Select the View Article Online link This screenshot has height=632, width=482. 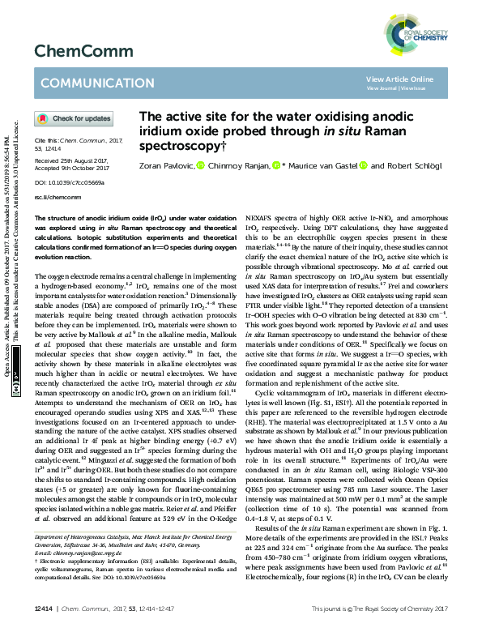(399, 79)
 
